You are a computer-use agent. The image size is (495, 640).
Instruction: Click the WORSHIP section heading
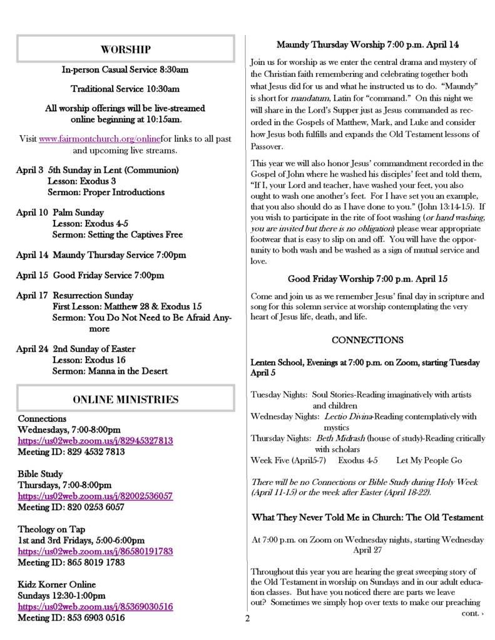point(125,49)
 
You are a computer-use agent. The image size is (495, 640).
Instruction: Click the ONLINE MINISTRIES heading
point(125,399)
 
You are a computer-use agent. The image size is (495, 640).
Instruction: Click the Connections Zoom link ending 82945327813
point(95,441)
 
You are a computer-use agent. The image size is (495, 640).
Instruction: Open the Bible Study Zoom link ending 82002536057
point(95,496)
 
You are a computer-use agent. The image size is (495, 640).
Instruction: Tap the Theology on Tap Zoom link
point(95,551)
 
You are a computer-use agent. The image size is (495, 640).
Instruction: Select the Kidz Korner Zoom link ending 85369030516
point(95,606)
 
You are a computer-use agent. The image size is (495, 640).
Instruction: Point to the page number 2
point(247,619)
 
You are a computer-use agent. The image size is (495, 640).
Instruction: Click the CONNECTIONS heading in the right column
point(367,340)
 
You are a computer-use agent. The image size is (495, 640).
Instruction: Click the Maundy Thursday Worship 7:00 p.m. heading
point(367,45)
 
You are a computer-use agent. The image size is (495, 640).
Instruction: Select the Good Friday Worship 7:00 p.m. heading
point(367,278)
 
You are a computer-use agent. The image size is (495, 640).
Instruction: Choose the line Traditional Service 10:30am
point(125,89)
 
